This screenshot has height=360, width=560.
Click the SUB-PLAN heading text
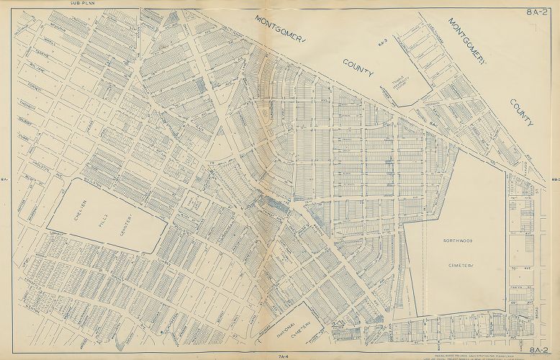click(82, 4)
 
